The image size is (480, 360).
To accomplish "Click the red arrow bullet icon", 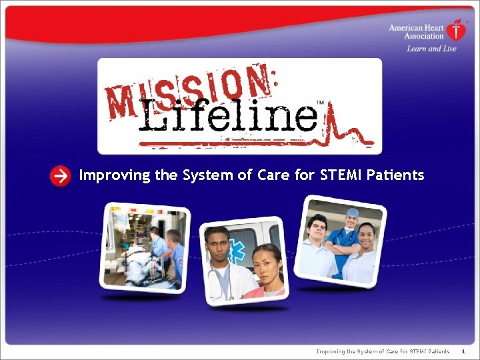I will click(60, 176).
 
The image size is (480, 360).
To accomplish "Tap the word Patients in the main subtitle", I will click(397, 175).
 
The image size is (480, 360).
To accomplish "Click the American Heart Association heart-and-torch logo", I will click(457, 30).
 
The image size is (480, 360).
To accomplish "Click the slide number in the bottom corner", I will click(463, 351).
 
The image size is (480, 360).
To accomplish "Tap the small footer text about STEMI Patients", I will click(383, 351).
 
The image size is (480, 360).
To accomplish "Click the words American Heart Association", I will click(416, 31).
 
